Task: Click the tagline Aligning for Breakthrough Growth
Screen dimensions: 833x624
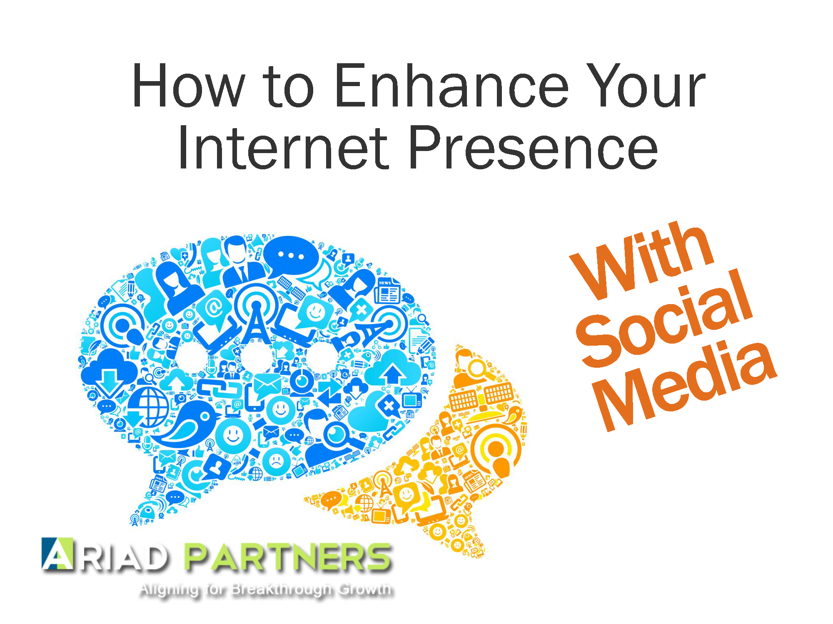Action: point(267,590)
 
